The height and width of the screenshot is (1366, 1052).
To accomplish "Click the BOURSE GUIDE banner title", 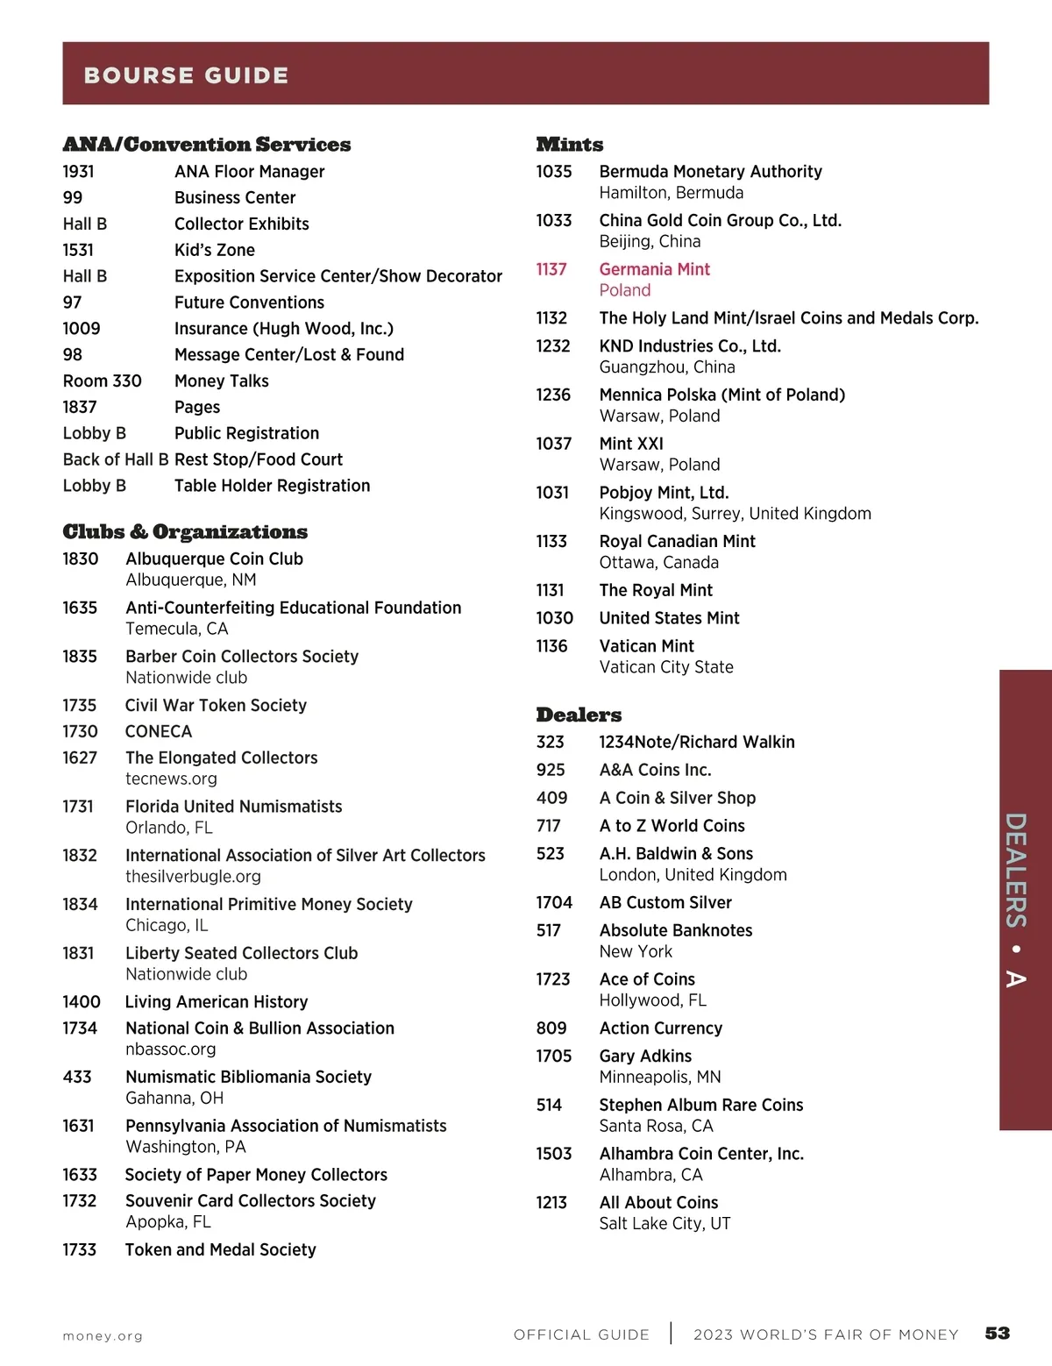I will tap(186, 75).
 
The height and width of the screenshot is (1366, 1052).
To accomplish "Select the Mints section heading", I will tap(570, 145).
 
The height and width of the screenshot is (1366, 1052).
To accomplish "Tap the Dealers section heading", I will tap(579, 715).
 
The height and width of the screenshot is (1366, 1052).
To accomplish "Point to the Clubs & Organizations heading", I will tap(185, 532).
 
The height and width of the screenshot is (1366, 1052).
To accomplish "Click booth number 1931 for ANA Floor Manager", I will tap(79, 172).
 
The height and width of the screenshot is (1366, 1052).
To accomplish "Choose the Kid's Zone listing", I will tap(215, 250).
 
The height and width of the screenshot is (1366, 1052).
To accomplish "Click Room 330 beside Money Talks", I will tap(102, 381).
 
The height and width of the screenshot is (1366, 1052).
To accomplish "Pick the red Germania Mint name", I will tap(654, 269).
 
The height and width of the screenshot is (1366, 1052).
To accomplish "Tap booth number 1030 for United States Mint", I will tap(554, 618).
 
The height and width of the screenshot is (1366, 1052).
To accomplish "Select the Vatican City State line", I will tap(666, 667).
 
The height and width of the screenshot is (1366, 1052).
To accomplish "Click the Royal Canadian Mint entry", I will tap(677, 542).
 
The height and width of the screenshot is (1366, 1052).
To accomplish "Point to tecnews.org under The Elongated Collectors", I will tap(171, 779).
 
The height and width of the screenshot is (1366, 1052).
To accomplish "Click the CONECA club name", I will tap(159, 731).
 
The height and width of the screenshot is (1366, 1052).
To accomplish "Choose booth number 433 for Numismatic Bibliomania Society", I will tap(77, 1077).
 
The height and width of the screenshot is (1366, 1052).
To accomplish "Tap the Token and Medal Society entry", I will tap(220, 1249).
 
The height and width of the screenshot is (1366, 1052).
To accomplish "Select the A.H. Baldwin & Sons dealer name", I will tap(676, 854).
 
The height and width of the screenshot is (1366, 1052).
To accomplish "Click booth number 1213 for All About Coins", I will tap(551, 1203).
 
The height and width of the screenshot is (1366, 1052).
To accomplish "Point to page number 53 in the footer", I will tap(998, 1334).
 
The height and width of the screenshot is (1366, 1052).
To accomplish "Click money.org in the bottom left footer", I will tap(103, 1336).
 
